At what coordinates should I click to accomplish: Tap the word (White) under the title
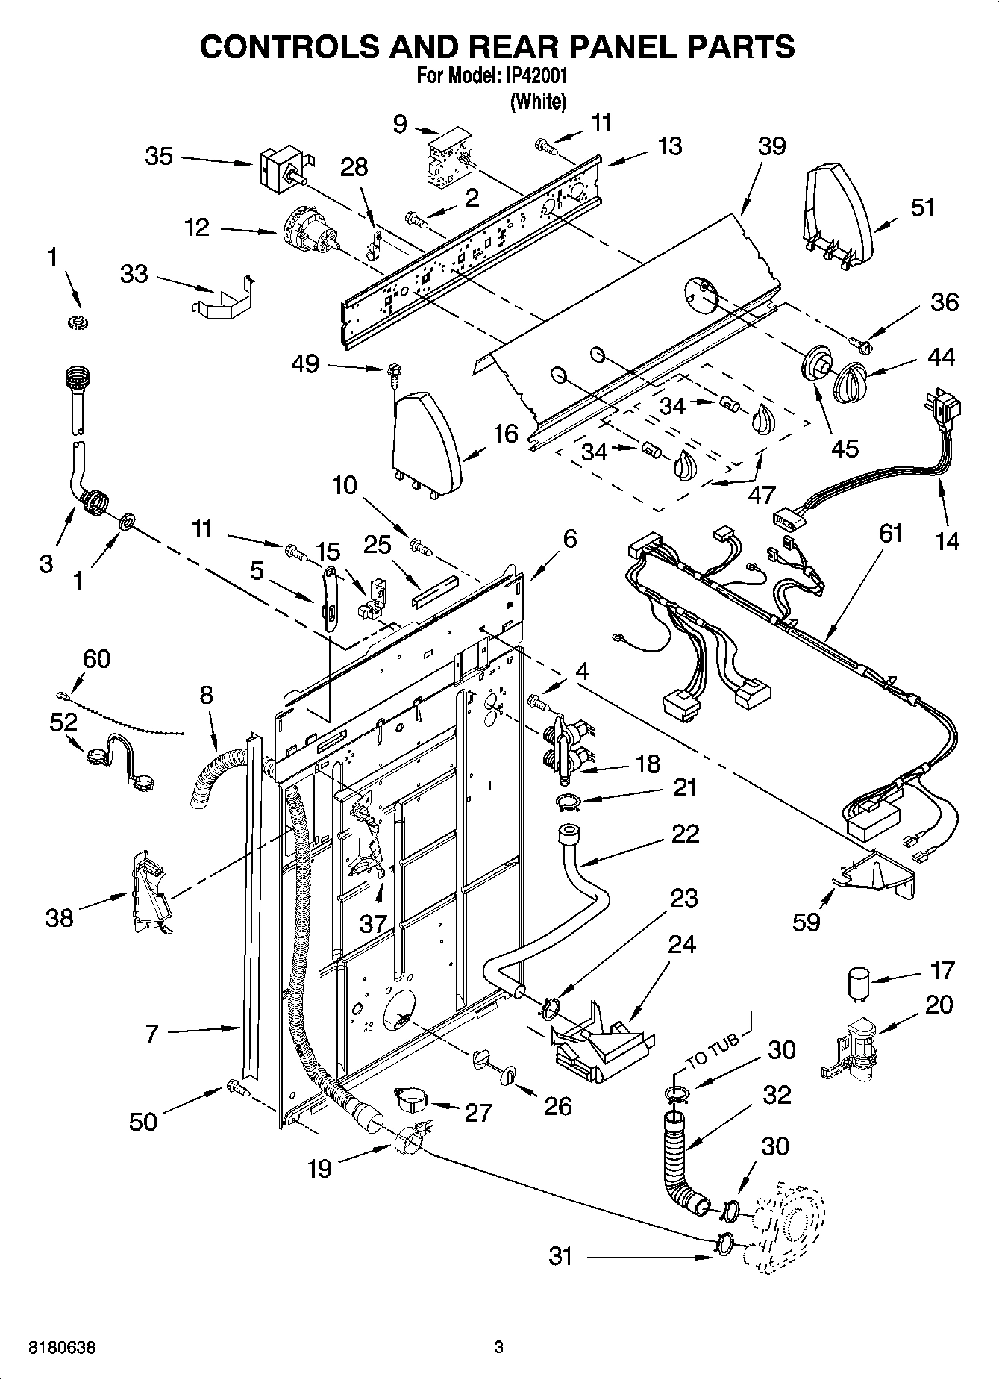537,102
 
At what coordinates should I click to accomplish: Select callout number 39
771,146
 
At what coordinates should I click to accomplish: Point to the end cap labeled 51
837,216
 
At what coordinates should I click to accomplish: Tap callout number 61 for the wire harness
890,533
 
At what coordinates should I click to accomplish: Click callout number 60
96,658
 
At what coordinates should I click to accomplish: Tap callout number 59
806,922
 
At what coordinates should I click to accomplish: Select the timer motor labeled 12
306,231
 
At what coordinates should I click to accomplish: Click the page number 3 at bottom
499,1348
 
